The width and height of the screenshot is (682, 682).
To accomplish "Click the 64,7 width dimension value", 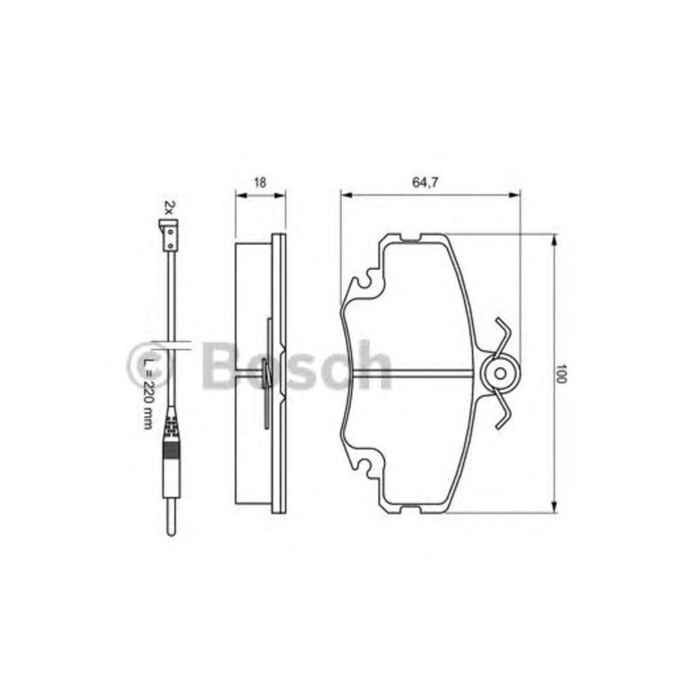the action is [x=424, y=183].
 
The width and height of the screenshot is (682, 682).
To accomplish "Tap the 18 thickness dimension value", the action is [x=260, y=183].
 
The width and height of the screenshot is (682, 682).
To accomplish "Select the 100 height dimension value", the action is [x=561, y=373].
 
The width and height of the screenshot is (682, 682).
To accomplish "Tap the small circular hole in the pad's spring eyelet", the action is [x=500, y=373].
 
